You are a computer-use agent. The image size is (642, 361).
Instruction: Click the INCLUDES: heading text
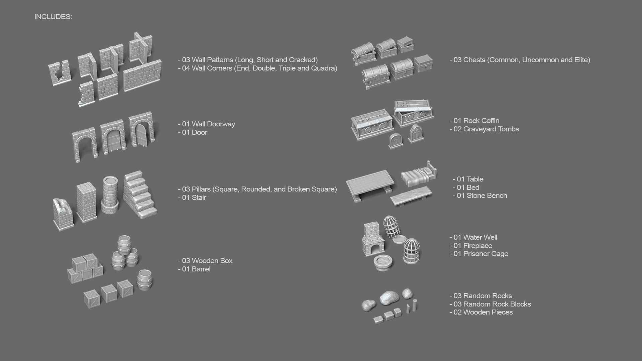pyautogui.click(x=53, y=17)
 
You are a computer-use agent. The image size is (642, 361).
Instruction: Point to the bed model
pyautogui.click(x=419, y=175)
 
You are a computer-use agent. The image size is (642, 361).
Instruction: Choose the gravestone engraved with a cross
pyautogui.click(x=395, y=140)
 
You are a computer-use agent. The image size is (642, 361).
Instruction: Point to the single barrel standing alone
pyautogui.click(x=145, y=279)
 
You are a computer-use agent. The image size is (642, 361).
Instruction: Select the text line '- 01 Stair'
pyautogui.click(x=192, y=198)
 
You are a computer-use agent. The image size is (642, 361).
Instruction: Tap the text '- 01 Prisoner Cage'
pyautogui.click(x=479, y=254)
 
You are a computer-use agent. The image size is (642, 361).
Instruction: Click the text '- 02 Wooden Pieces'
pyautogui.click(x=481, y=312)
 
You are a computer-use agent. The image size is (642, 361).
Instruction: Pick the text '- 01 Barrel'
pyautogui.click(x=194, y=269)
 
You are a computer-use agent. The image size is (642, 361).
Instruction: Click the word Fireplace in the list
pyautogui.click(x=477, y=246)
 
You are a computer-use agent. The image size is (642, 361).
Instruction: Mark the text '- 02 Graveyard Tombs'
pyautogui.click(x=484, y=129)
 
